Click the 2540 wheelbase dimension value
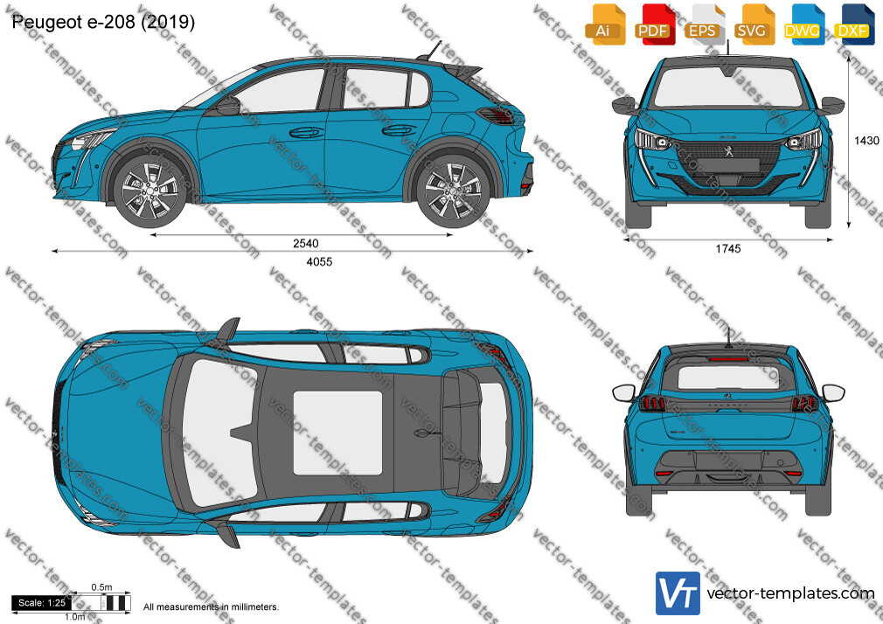click(x=306, y=243)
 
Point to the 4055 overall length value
click(x=319, y=261)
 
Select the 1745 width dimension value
click(x=728, y=248)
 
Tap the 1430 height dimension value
click(x=866, y=141)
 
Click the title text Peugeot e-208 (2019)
click(x=104, y=21)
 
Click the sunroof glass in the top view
click(x=337, y=433)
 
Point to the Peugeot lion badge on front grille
click(x=727, y=150)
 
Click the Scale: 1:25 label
click(x=42, y=603)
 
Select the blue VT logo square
click(x=678, y=593)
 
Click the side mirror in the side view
click(x=229, y=106)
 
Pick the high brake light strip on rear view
click(x=728, y=358)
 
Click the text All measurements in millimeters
click(x=211, y=607)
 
